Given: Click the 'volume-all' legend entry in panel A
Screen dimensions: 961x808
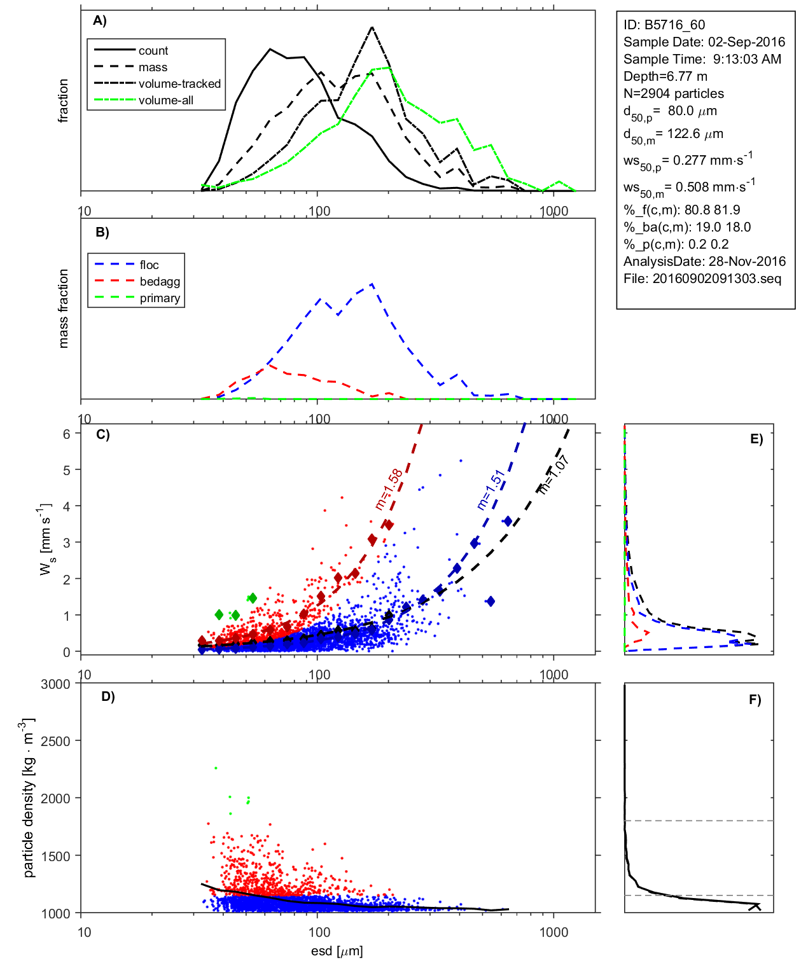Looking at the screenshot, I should pos(165,100).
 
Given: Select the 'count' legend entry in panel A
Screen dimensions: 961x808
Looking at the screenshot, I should pos(153,51).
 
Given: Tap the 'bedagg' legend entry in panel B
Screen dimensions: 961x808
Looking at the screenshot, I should pos(160,282).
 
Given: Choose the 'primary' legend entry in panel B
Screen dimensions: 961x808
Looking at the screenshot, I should pos(160,298).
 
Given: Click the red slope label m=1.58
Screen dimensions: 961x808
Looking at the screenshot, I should pos(388,489).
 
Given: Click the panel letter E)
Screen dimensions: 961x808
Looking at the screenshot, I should pos(756,439).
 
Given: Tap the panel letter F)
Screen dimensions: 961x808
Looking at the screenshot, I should pos(755,700).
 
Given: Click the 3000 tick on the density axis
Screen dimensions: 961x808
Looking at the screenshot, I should pos(55,684).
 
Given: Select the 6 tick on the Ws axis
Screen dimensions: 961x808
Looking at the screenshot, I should pos(67,434).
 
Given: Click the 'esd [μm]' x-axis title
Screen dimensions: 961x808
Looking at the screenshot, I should pos(337,951).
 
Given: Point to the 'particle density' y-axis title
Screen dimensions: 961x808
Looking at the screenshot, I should pos(28,798).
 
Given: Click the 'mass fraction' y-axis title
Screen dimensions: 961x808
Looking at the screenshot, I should pos(63,308).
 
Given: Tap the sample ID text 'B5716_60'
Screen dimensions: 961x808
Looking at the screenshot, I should pos(674,25).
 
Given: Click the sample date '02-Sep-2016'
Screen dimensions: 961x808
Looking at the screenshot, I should pos(746,42).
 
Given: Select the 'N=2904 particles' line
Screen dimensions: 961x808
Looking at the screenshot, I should pos(673,93).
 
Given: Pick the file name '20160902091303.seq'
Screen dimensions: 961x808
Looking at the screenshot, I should pos(716,279).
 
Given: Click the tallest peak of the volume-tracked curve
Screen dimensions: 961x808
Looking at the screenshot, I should pos(372,27).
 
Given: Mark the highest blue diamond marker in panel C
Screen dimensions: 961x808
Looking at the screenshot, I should pos(507,522).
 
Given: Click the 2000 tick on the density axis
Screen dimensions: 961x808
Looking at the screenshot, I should pos(55,799).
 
